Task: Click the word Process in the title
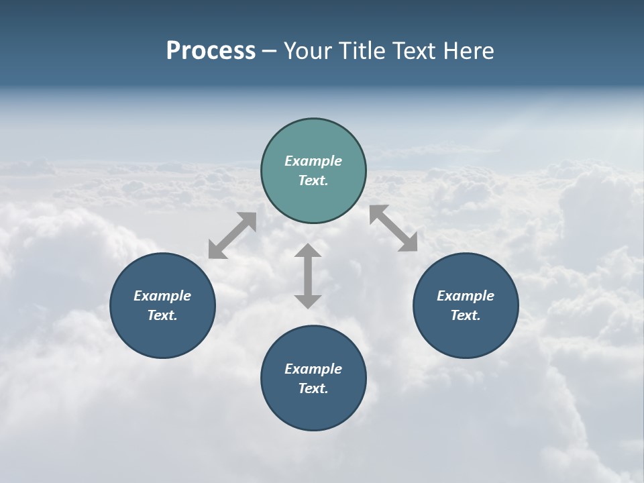tap(211, 51)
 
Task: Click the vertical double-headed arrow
tap(308, 276)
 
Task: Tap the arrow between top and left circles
tap(232, 235)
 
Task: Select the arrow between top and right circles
tap(393, 228)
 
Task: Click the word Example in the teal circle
tap(313, 161)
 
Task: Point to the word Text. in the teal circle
tap(313, 180)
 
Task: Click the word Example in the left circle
tap(162, 296)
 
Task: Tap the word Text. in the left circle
tap(162, 315)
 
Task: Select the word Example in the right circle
tap(466, 296)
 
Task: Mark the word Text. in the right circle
tap(466, 315)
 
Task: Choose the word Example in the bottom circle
tap(313, 369)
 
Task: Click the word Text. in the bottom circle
tap(313, 388)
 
